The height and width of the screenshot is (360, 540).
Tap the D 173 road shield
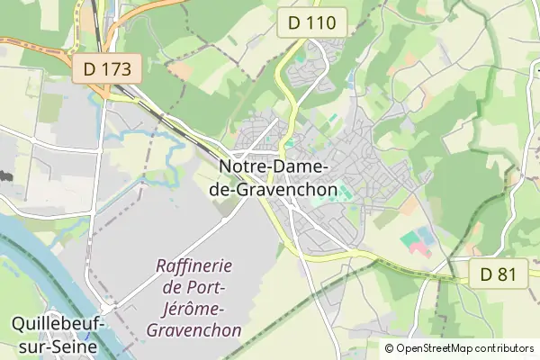[107, 68]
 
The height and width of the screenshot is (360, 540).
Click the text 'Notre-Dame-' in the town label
[275, 167]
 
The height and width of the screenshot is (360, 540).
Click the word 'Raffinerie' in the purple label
[194, 266]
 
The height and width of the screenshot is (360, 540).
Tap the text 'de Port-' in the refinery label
[194, 287]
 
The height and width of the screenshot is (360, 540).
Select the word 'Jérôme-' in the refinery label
[194, 309]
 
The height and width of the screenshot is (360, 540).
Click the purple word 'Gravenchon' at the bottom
[194, 330]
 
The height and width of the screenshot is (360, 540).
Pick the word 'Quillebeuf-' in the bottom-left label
[57, 323]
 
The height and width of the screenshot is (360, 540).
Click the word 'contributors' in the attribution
[505, 348]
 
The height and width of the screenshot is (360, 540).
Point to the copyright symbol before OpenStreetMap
[389, 348]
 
